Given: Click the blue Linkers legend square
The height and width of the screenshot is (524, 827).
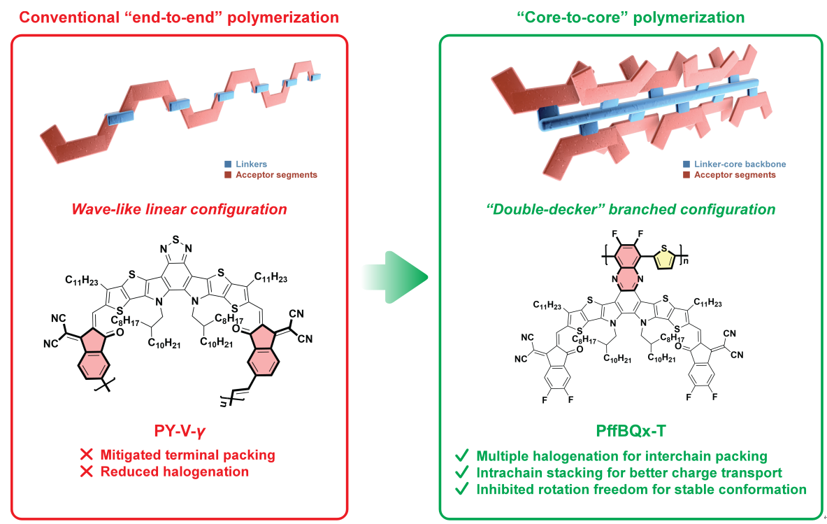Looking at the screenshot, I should tap(227, 164).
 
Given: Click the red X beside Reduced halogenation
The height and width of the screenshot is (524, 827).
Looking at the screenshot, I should tap(87, 472).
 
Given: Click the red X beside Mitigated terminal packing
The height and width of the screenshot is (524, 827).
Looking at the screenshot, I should tap(87, 455).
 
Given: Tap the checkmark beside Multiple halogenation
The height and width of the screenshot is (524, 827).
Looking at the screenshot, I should tap(462, 456).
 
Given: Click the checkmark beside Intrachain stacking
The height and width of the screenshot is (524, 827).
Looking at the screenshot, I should tap(462, 473).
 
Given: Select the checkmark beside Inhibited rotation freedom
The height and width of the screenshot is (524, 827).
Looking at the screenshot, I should tap(462, 490).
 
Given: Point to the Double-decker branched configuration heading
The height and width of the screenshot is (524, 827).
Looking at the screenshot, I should tap(630, 209).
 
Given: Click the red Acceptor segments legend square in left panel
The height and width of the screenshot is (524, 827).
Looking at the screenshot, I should tap(227, 175).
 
